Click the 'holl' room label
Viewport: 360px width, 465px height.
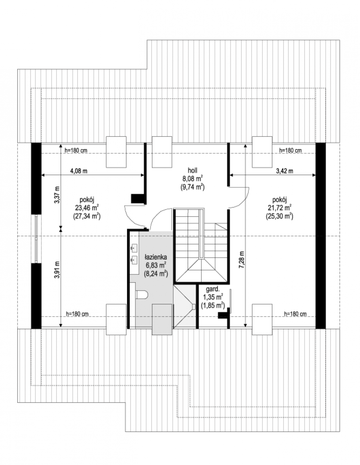[193, 170]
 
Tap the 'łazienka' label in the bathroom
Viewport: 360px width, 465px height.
[155, 257]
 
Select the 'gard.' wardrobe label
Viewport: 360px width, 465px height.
[213, 289]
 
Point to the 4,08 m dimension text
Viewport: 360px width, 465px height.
[79, 171]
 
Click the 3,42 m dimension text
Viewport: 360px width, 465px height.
[284, 171]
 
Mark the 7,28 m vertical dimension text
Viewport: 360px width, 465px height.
[242, 259]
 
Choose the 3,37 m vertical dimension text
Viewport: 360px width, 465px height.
[57, 195]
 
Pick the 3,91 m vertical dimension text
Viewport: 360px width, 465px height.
[57, 270]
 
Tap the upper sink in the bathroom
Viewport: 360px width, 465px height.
[134, 248]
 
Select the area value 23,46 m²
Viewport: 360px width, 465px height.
[87, 208]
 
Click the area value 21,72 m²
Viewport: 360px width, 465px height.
[279, 208]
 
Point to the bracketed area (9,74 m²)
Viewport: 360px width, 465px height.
[193, 187]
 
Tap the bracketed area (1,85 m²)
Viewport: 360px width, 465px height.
[213, 306]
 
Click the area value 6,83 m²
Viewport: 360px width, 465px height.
[155, 265]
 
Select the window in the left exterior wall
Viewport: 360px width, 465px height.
[36, 239]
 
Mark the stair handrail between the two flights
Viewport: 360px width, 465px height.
[201, 234]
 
